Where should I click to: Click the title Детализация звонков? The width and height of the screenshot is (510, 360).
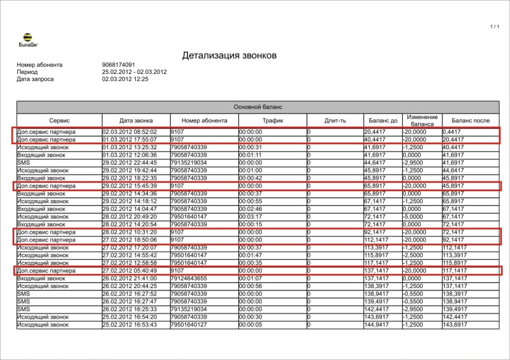pyautogui.click(x=229, y=55)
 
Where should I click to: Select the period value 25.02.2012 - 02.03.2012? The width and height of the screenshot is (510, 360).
pyautogui.click(x=134, y=72)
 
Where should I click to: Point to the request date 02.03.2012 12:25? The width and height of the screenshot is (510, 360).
pyautogui.click(x=125, y=79)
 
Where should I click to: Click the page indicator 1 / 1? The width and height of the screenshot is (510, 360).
pyautogui.click(x=495, y=27)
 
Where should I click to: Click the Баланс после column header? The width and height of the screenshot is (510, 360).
pyautogui.click(x=470, y=120)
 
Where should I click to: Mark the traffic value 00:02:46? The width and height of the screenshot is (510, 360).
pyautogui.click(x=251, y=209)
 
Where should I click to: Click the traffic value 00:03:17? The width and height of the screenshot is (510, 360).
pyautogui.click(x=251, y=217)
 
